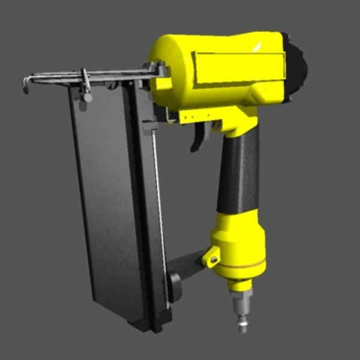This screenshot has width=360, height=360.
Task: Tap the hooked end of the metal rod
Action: [26, 85]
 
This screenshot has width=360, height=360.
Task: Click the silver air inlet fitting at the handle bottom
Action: [242, 309]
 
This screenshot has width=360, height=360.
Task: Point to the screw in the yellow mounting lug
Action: [212, 259]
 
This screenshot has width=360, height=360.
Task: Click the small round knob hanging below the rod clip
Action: [88, 97]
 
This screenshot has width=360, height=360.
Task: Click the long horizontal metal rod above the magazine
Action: [90, 76]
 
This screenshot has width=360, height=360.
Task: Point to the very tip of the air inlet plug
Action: [243, 329]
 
